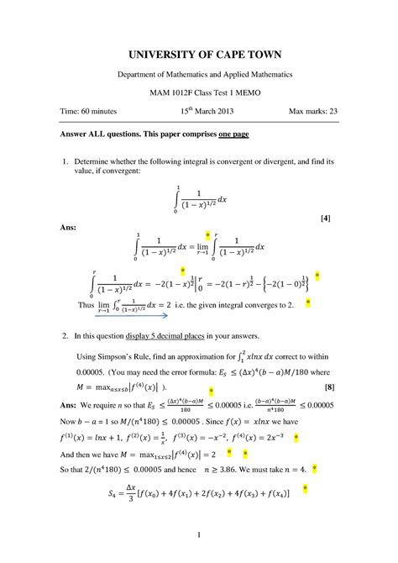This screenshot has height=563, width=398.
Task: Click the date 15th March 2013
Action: pyautogui.click(x=199, y=112)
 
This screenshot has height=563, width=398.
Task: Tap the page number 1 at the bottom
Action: pyautogui.click(x=199, y=535)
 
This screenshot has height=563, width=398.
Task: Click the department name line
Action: pyautogui.click(x=199, y=75)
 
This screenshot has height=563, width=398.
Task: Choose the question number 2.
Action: pyautogui.click(x=65, y=335)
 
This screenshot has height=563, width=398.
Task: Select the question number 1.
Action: pyautogui.click(x=65, y=160)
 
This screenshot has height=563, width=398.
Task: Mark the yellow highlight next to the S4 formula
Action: pyautogui.click(x=306, y=487)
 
